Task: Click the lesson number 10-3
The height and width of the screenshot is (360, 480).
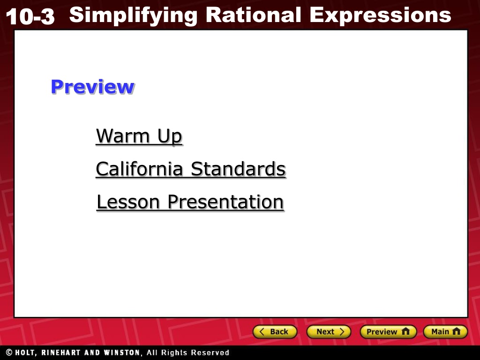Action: coord(30,16)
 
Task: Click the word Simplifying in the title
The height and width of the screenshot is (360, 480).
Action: coord(134,15)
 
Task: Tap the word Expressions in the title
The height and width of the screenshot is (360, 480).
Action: coord(380,15)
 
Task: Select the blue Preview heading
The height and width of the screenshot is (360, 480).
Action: coord(92,87)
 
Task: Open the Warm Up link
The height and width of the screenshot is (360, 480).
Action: coord(139,136)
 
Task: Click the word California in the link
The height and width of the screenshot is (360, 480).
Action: coord(140,169)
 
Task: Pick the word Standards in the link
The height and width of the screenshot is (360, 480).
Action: coord(238,169)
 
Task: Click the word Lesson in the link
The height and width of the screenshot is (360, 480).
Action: coord(128,202)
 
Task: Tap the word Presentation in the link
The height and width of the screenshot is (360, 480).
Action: coord(226,202)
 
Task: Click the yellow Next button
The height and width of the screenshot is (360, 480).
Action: coord(329,331)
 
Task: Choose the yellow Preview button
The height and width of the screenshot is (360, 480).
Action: coord(388,331)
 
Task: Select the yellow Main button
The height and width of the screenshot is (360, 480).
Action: coord(445,331)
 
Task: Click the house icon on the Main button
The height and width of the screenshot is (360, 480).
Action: coord(456,331)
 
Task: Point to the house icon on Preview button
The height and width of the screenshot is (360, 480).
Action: coord(405,331)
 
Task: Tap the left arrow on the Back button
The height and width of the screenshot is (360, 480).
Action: coord(262,331)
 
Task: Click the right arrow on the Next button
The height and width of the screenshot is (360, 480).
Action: coord(342,331)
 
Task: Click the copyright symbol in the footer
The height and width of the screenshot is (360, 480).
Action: coord(9,352)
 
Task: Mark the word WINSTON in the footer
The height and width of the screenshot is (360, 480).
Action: coord(121,352)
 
